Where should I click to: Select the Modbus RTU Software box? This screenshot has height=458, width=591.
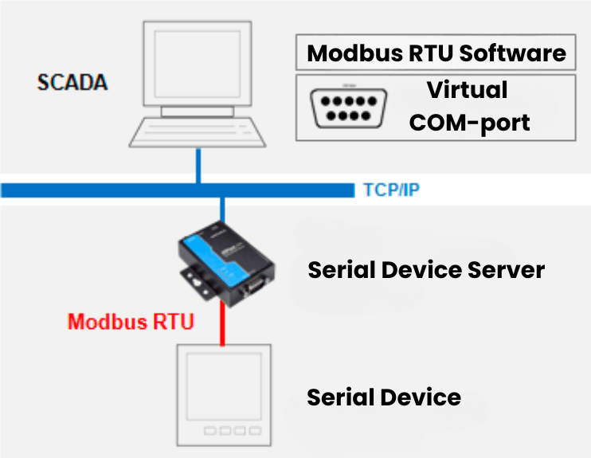coord(436,53)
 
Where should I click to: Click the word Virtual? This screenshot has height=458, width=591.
coord(466,89)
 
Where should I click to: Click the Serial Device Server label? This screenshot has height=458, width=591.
coord(426,269)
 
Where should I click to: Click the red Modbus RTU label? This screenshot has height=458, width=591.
coord(130,322)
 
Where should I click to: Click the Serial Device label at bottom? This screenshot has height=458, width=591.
coord(384,396)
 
